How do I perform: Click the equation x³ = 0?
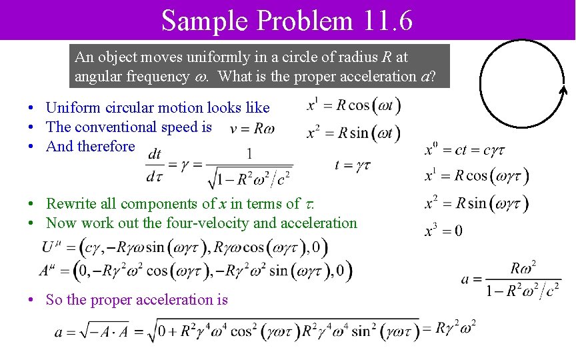443,231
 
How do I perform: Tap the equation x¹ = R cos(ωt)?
353,105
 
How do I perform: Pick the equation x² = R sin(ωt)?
353,133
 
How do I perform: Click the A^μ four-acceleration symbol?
48,271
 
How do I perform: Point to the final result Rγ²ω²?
455,328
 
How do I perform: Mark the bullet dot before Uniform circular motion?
31,108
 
